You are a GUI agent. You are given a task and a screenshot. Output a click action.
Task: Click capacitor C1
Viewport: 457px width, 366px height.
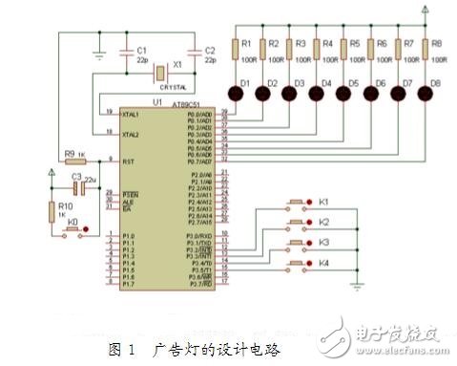pyautogui.click(x=130, y=54)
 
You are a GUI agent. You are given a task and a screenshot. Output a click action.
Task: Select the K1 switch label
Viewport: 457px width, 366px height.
pyautogui.click(x=322, y=203)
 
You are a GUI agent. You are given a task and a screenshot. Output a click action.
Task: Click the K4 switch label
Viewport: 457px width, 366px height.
pyautogui.click(x=322, y=262)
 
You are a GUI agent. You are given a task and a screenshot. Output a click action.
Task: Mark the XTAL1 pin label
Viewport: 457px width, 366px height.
pyautogui.click(x=132, y=114)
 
